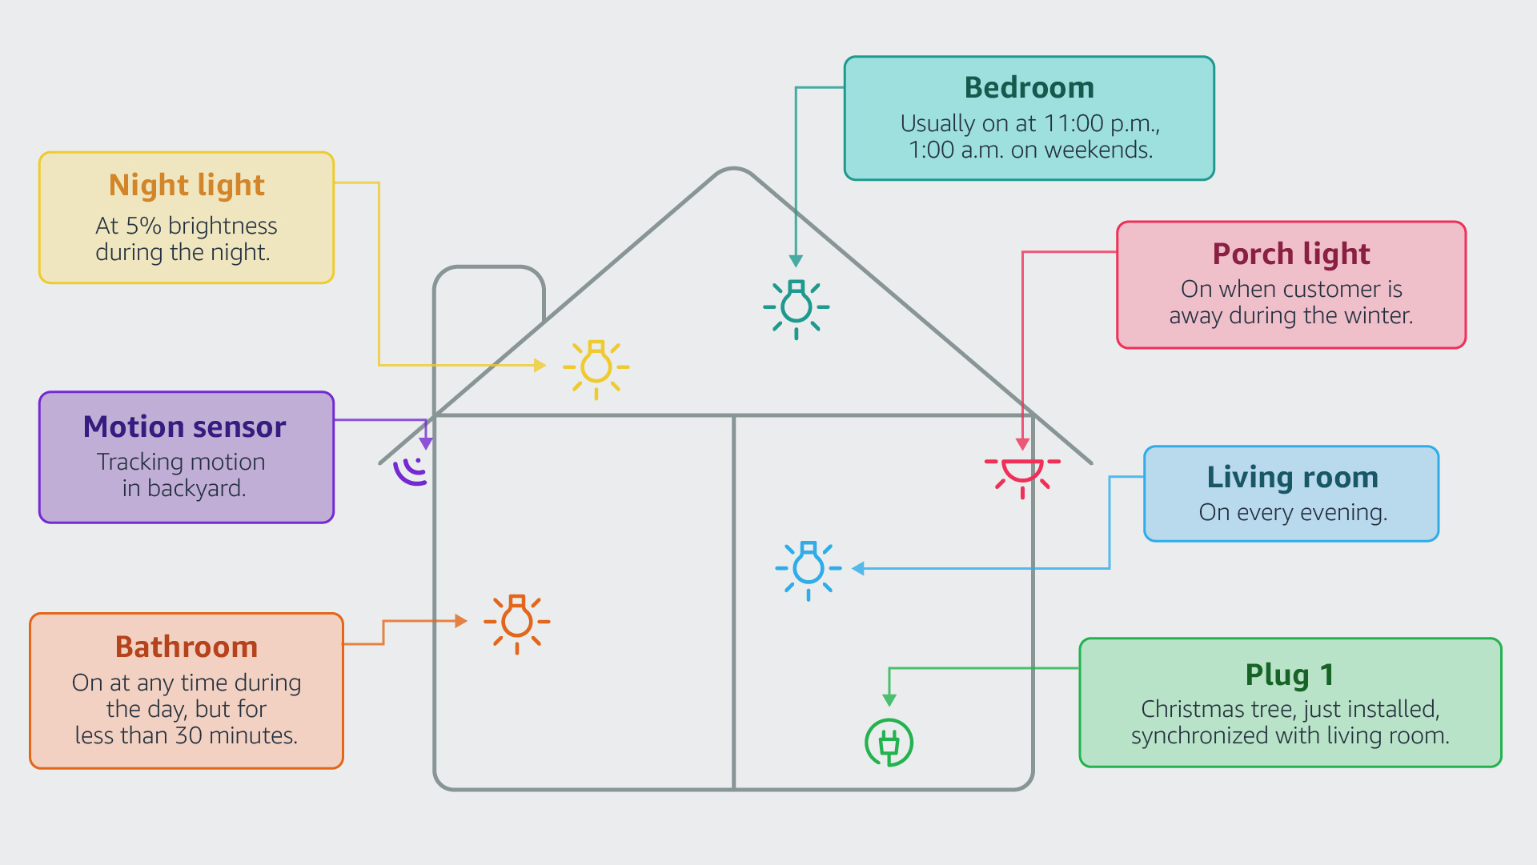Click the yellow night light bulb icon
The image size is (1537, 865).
(x=596, y=367)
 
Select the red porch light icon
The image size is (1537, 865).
(x=1022, y=472)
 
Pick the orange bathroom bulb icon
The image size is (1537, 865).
(x=517, y=622)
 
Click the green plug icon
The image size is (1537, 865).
(x=889, y=743)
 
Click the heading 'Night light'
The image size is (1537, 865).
(x=187, y=185)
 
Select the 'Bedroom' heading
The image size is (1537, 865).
(x=1029, y=87)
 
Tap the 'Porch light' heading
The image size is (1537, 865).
(x=1290, y=254)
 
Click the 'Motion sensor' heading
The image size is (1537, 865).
(x=184, y=426)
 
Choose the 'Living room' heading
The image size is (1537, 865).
(x=1292, y=477)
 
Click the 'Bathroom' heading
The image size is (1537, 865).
(x=186, y=647)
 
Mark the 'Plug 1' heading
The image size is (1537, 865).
(x=1289, y=675)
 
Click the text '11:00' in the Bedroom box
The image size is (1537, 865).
(x=1073, y=123)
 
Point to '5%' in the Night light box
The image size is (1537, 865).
(x=143, y=226)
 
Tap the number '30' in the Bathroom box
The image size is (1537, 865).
(x=189, y=735)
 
